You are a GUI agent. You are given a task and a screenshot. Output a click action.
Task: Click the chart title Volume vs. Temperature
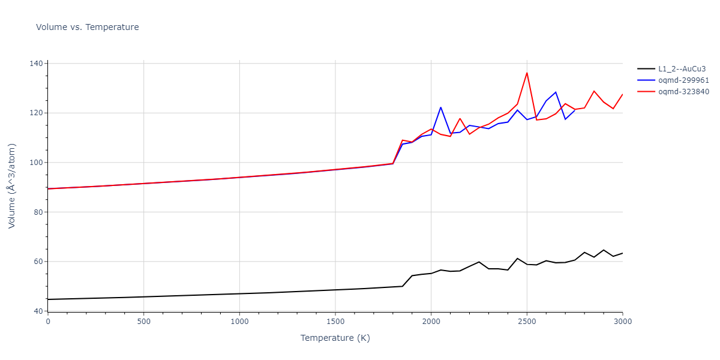pyautogui.click(x=88, y=27)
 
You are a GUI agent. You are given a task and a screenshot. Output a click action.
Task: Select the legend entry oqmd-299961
pyautogui.click(x=683, y=80)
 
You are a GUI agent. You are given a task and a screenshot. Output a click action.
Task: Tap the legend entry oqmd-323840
pyautogui.click(x=683, y=91)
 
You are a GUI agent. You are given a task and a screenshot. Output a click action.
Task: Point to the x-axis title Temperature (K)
pyautogui.click(x=335, y=338)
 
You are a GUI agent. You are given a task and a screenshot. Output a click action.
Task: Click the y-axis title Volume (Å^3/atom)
pyautogui.click(x=12, y=185)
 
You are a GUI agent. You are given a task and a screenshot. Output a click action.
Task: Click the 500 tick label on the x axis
pyautogui.click(x=143, y=322)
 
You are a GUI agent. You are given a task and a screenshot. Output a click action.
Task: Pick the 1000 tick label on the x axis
pyautogui.click(x=239, y=322)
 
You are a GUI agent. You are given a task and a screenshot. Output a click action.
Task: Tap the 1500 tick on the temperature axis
pyautogui.click(x=335, y=322)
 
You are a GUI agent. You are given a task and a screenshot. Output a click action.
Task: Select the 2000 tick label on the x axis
pyautogui.click(x=431, y=322)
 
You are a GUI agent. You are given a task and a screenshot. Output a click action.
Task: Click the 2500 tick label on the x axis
pyautogui.click(x=527, y=322)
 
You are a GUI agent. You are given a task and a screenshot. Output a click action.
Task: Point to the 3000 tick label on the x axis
pyautogui.click(x=622, y=322)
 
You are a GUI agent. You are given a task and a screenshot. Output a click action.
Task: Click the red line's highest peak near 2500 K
pyautogui.click(x=527, y=73)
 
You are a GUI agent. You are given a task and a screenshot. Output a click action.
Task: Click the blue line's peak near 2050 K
pyautogui.click(x=440, y=107)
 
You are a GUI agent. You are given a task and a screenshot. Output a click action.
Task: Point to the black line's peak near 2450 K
pyautogui.click(x=517, y=259)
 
